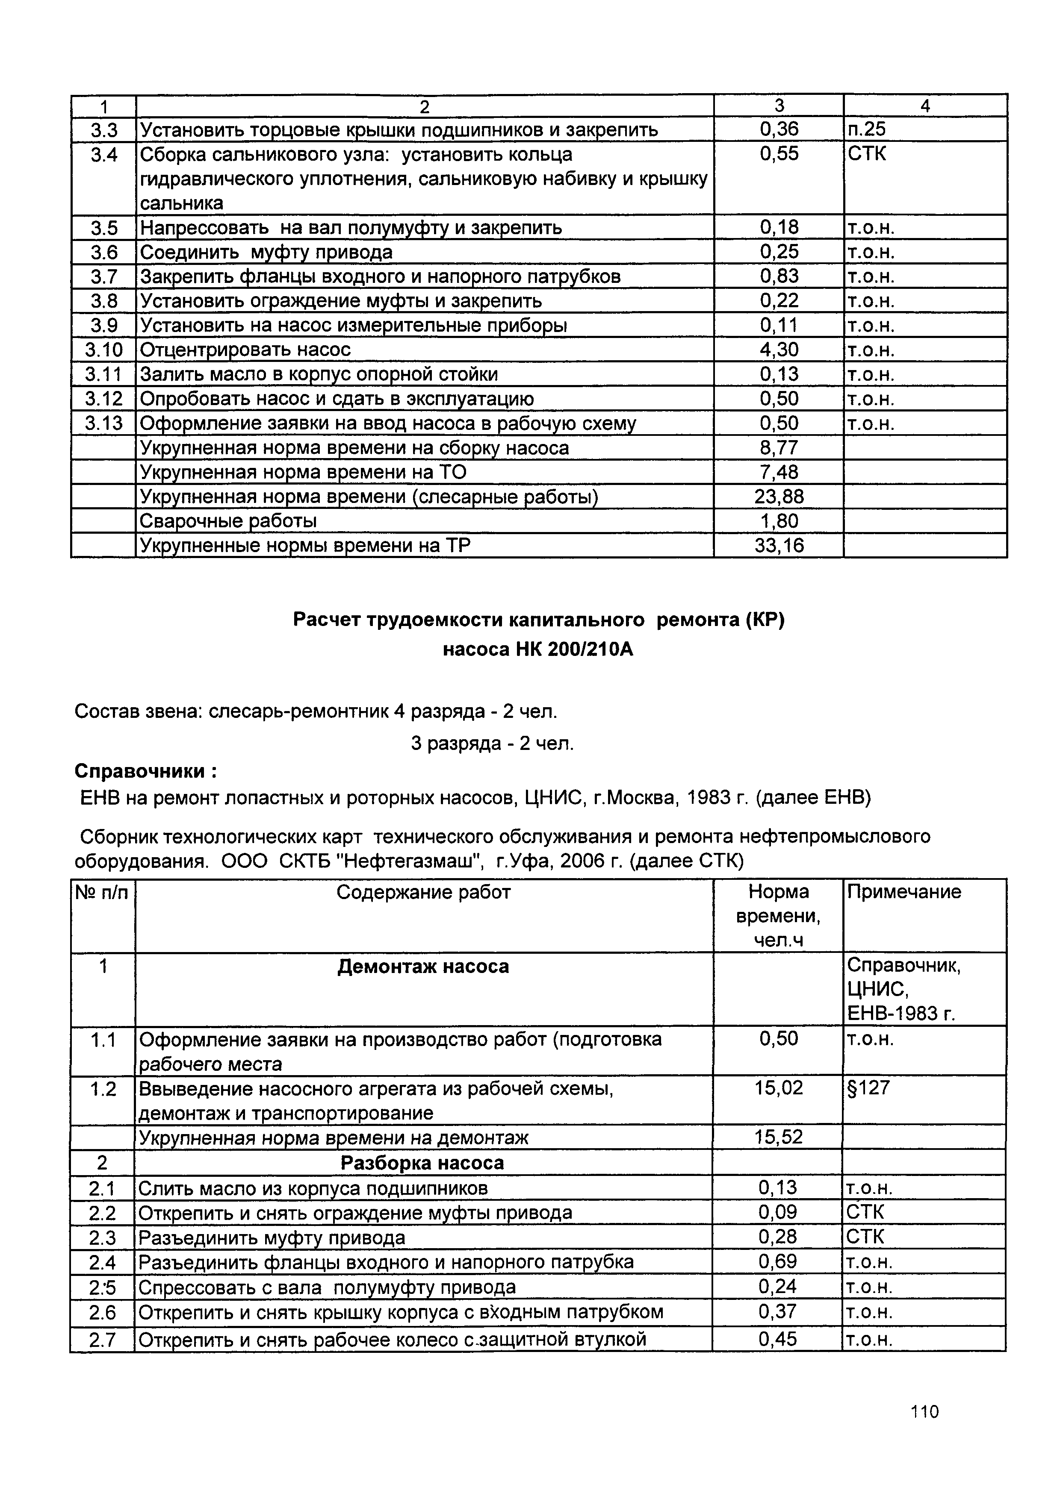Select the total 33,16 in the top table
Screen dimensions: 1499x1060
coord(779,545)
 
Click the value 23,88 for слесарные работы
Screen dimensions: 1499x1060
coord(779,497)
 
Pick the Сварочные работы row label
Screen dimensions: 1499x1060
coord(229,521)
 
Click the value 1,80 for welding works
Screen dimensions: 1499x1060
coord(779,521)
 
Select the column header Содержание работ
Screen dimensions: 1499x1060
coord(423,892)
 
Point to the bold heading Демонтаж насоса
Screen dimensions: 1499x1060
coord(423,966)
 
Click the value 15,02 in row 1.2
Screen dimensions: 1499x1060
coord(779,1088)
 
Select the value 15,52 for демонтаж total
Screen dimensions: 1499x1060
coord(779,1137)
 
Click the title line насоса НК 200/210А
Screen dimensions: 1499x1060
coord(538,650)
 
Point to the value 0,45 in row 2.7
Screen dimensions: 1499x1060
coord(778,1340)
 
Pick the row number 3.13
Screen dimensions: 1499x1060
coord(103,423)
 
